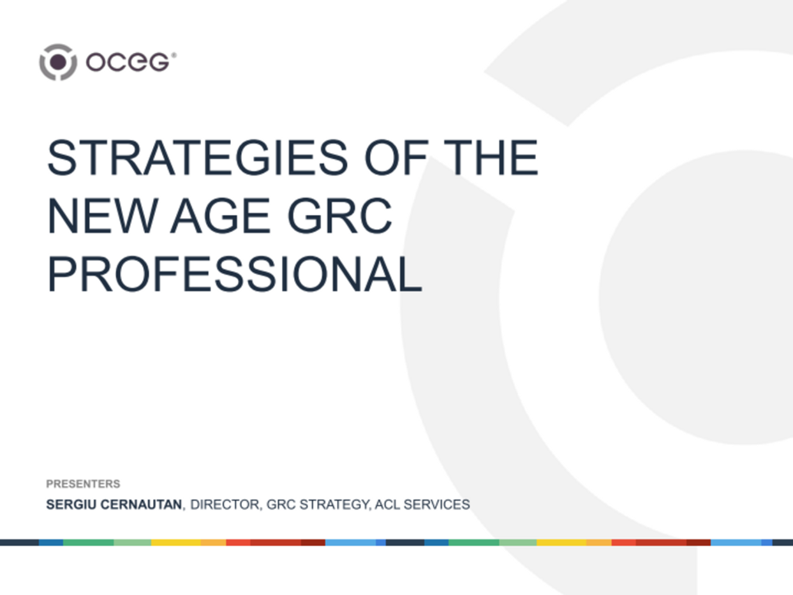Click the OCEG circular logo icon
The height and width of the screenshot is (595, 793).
click(x=58, y=62)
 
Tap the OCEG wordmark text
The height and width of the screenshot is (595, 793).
click(x=127, y=62)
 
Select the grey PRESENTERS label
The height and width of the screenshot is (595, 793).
click(x=83, y=484)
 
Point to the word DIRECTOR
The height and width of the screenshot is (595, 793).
click(x=225, y=505)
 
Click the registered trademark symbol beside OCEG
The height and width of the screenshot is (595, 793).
click(x=174, y=56)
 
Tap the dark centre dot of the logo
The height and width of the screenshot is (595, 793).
click(x=58, y=62)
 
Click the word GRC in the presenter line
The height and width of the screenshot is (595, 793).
click(x=279, y=505)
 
